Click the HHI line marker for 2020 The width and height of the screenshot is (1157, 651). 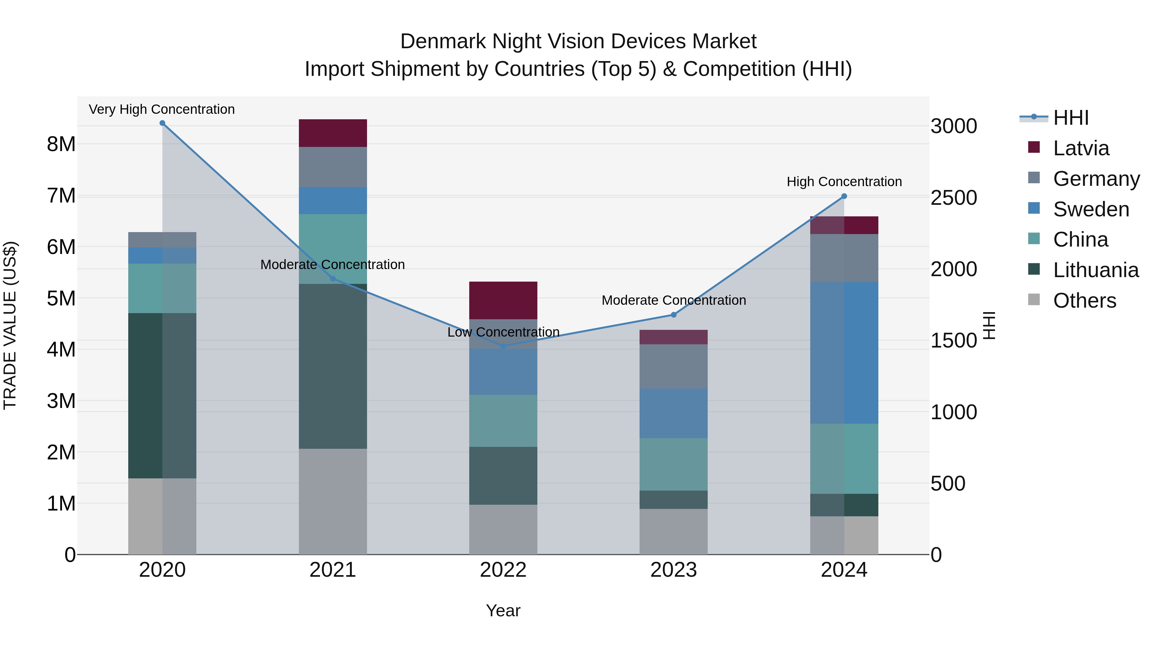tap(162, 123)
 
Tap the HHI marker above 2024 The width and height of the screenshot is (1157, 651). tap(844, 196)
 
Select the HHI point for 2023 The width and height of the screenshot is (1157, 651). tap(673, 315)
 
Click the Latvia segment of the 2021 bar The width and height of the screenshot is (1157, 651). tap(333, 133)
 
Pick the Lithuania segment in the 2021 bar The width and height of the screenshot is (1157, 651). tap(333, 366)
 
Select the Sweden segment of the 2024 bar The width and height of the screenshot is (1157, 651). tap(844, 353)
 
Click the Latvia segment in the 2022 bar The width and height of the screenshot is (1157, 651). tap(503, 300)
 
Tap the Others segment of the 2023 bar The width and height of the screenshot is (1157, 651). tap(673, 531)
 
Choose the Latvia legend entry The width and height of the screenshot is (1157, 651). tap(1080, 148)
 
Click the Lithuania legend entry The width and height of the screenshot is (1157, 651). tap(1095, 270)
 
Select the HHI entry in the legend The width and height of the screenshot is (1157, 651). tap(1070, 118)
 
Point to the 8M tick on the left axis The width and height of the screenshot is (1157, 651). tap(61, 144)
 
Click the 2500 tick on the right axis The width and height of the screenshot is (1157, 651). tap(953, 198)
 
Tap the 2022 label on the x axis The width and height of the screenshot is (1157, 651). tap(503, 570)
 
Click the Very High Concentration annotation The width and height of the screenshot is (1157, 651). tap(162, 109)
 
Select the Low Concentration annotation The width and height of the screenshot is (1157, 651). tap(503, 332)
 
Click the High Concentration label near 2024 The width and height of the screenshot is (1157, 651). tap(844, 182)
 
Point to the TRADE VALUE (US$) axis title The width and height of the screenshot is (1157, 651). tap(10, 325)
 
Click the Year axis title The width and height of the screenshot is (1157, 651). tap(503, 610)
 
